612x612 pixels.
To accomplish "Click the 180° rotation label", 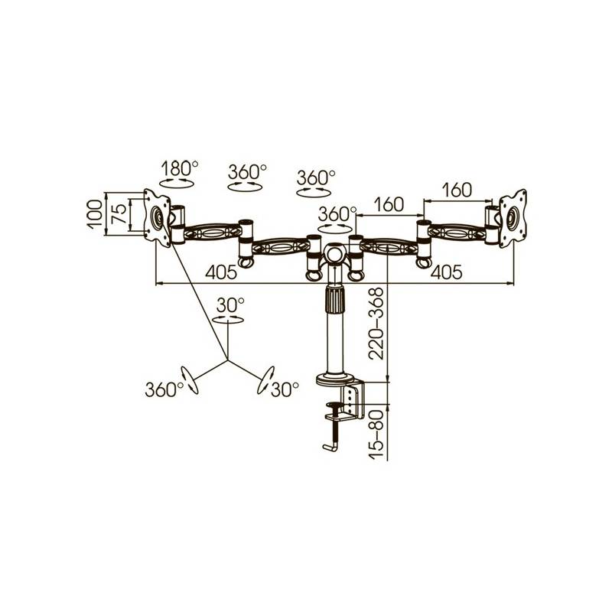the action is [x=180, y=168].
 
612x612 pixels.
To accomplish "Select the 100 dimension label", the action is [x=95, y=214].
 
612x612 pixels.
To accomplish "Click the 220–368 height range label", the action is [x=377, y=324].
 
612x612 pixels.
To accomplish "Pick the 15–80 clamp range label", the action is [x=377, y=434].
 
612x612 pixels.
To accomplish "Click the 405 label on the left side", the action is [x=221, y=272].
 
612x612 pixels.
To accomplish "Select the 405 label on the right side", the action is [x=446, y=272].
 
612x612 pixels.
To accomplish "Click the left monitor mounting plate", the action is [x=157, y=217].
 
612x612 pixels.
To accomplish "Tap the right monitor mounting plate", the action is [x=513, y=218].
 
